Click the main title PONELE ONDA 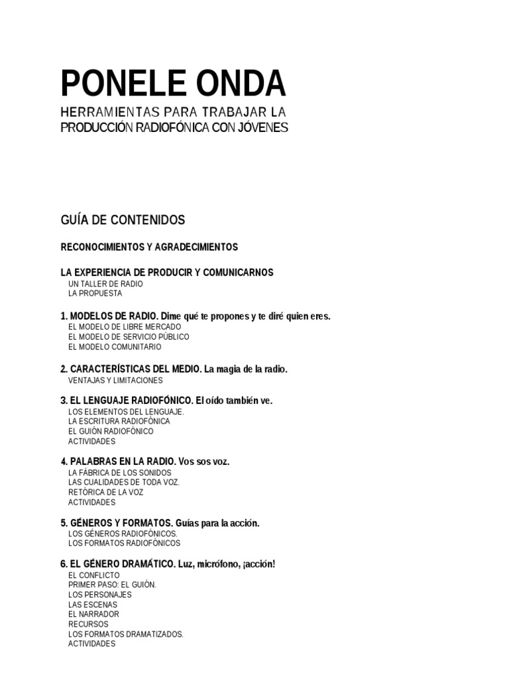(173, 84)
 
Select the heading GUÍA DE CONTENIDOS (123, 219)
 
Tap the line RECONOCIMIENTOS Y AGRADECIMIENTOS (149, 247)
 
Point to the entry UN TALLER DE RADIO (105, 284)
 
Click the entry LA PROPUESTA (95, 294)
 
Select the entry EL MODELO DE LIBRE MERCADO (124, 327)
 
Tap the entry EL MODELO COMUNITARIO (114, 347)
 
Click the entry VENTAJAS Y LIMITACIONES (115, 381)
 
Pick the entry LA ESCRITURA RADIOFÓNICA (119, 421)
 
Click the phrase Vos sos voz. (204, 462)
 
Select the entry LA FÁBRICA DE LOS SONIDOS (119, 472)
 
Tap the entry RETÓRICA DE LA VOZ (105, 492)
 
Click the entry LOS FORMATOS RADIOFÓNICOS (124, 543)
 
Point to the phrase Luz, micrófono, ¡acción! (226, 564)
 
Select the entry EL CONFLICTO (94, 574)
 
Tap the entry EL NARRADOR (93, 614)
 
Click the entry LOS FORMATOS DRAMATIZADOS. (125, 634)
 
